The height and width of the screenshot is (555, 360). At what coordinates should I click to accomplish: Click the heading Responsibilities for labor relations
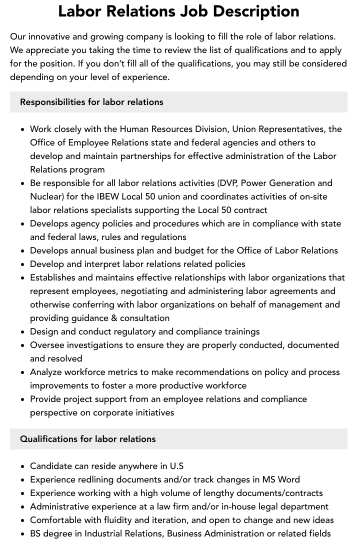point(91,102)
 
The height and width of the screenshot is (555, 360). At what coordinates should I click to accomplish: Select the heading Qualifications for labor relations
point(87,439)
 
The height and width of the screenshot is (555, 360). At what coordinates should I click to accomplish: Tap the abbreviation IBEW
point(108,196)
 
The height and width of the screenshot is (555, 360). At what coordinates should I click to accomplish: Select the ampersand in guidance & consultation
point(114,318)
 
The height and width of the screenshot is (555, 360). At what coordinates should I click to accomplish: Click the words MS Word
point(281,479)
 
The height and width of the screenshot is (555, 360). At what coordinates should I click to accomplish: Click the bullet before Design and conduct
point(22,332)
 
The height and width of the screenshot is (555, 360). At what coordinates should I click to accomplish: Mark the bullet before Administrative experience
point(22,507)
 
